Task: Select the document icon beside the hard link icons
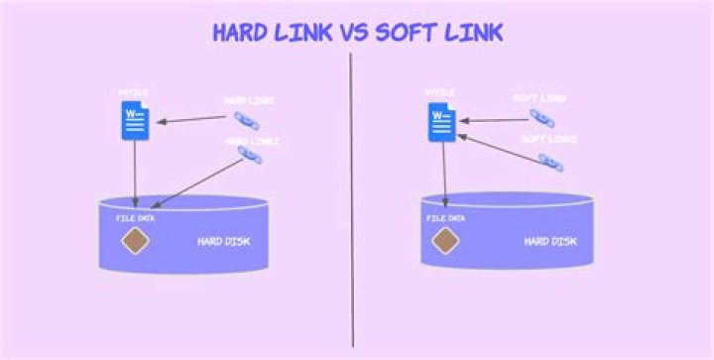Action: [x=135, y=120]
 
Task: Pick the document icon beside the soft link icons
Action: [x=441, y=120]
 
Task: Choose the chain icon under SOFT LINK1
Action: [x=542, y=116]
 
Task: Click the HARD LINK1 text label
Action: [x=249, y=100]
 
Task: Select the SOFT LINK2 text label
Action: [x=548, y=140]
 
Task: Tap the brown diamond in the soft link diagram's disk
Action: [x=445, y=239]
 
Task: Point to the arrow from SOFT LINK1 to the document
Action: [x=490, y=120]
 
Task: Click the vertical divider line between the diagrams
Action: [x=352, y=198]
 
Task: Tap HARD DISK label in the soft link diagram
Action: [x=550, y=241]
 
